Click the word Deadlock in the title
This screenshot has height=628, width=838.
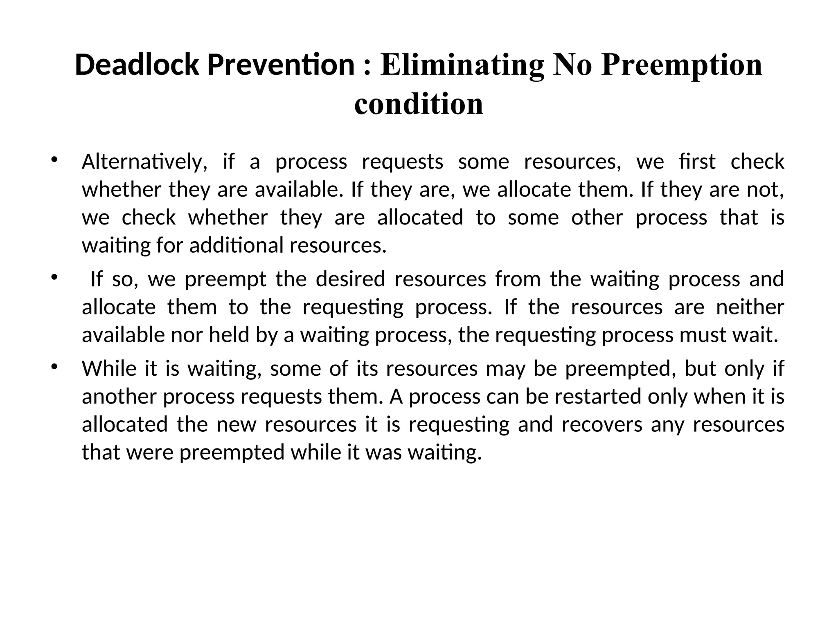coord(137,65)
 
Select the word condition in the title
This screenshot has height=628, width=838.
coord(419,104)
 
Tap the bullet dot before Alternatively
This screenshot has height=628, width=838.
coord(54,159)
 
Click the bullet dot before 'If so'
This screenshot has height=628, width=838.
coord(54,277)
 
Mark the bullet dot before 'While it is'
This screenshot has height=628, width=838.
coord(54,366)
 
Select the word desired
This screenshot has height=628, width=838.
coord(350,279)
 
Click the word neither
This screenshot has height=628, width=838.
coord(750,307)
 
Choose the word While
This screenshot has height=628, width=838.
coord(109,369)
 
